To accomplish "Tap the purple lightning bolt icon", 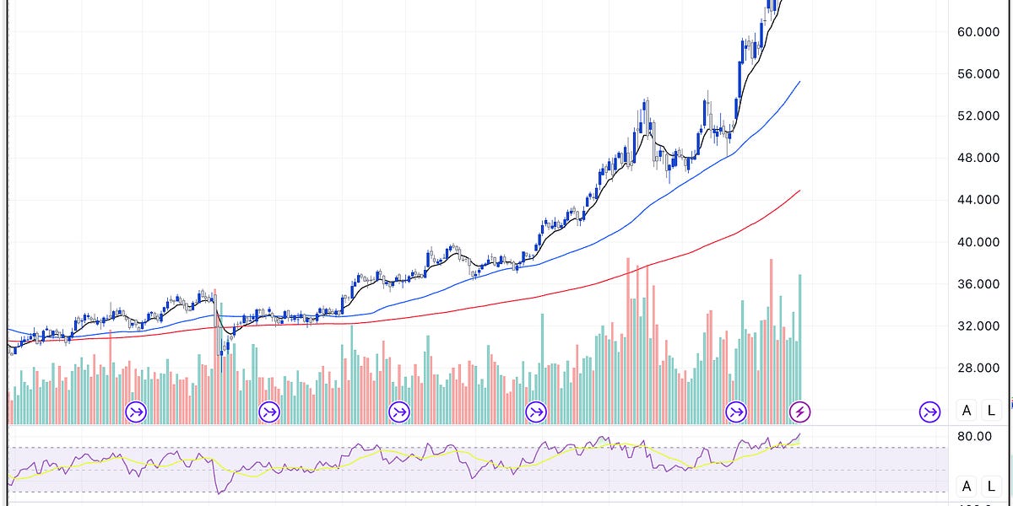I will [x=799, y=412].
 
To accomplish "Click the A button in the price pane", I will [x=967, y=412].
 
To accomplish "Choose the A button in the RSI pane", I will [x=967, y=486].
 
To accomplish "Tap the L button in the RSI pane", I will [x=989, y=486].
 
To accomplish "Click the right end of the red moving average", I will [x=799, y=191].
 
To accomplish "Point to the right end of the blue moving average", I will [x=799, y=82].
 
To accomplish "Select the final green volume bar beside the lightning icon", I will [x=799, y=337].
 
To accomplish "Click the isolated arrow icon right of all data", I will [x=930, y=412].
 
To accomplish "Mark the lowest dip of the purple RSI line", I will [x=219, y=493].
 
